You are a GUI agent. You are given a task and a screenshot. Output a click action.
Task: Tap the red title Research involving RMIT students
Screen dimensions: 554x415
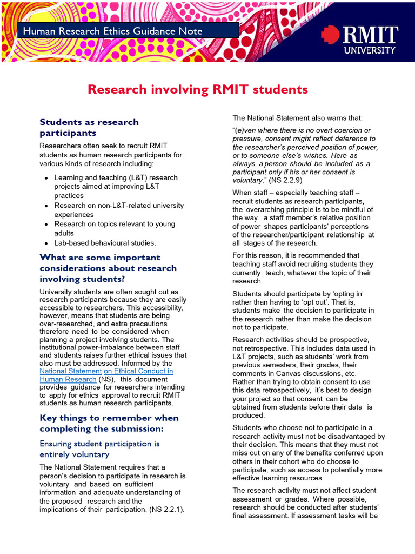click(197, 89)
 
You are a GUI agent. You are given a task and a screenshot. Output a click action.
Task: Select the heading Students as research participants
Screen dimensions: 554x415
click(89, 127)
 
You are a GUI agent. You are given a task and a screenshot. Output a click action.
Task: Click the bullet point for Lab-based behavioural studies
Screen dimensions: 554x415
click(47, 243)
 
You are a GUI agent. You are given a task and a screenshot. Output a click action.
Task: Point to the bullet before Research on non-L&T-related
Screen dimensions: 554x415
click(47, 206)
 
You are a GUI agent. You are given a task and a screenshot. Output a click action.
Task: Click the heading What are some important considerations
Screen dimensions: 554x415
click(108, 268)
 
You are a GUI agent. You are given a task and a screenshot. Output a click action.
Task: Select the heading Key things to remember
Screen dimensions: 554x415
click(109, 423)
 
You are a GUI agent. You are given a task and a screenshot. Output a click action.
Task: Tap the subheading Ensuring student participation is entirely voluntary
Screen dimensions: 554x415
click(99, 449)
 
